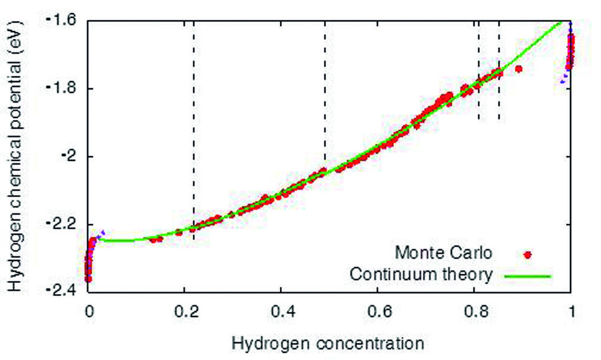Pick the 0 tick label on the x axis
click(89, 310)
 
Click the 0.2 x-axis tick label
click(185, 310)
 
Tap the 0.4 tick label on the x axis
click(281, 310)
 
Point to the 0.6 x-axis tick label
click(378, 310)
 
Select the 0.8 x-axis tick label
click(474, 310)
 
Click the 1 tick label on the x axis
click(571, 310)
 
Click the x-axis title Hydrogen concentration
click(328, 343)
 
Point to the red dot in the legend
click(528, 254)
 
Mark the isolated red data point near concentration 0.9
click(519, 68)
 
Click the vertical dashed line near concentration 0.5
click(325, 93)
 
